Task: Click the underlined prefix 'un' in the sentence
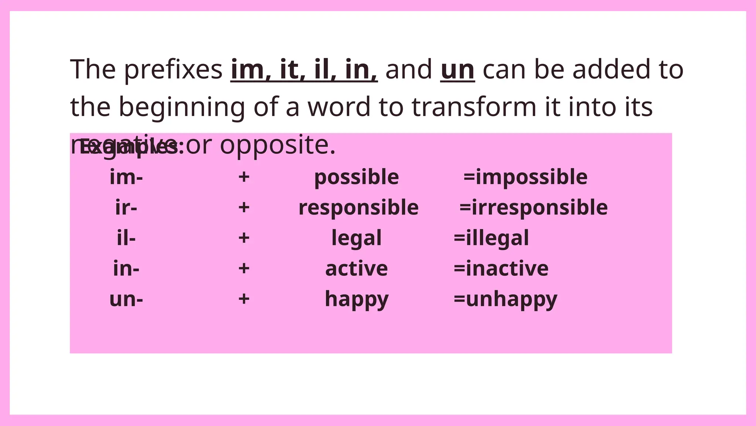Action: pos(457,70)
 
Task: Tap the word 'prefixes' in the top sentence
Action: pos(173,70)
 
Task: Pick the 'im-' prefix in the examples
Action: pos(126,177)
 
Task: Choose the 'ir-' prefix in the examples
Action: pos(126,207)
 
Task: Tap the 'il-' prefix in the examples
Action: pos(126,238)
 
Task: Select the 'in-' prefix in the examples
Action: pos(126,268)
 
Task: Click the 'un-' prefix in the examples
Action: pos(126,299)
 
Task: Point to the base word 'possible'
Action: pos(357,177)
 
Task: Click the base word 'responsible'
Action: pos(358,208)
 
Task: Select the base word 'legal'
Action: pos(357,238)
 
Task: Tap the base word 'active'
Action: pos(357,268)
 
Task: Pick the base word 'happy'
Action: pos(357,299)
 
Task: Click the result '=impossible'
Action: pos(525,177)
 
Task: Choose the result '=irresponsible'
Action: pos(533,208)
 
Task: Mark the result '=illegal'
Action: pos(491,238)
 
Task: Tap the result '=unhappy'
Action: pos(505,299)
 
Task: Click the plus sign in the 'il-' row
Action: pos(244,237)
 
